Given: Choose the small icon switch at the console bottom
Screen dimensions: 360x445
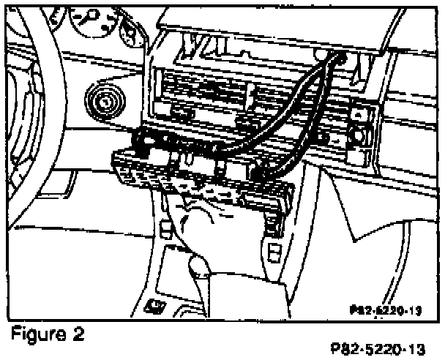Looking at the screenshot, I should (153, 304).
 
